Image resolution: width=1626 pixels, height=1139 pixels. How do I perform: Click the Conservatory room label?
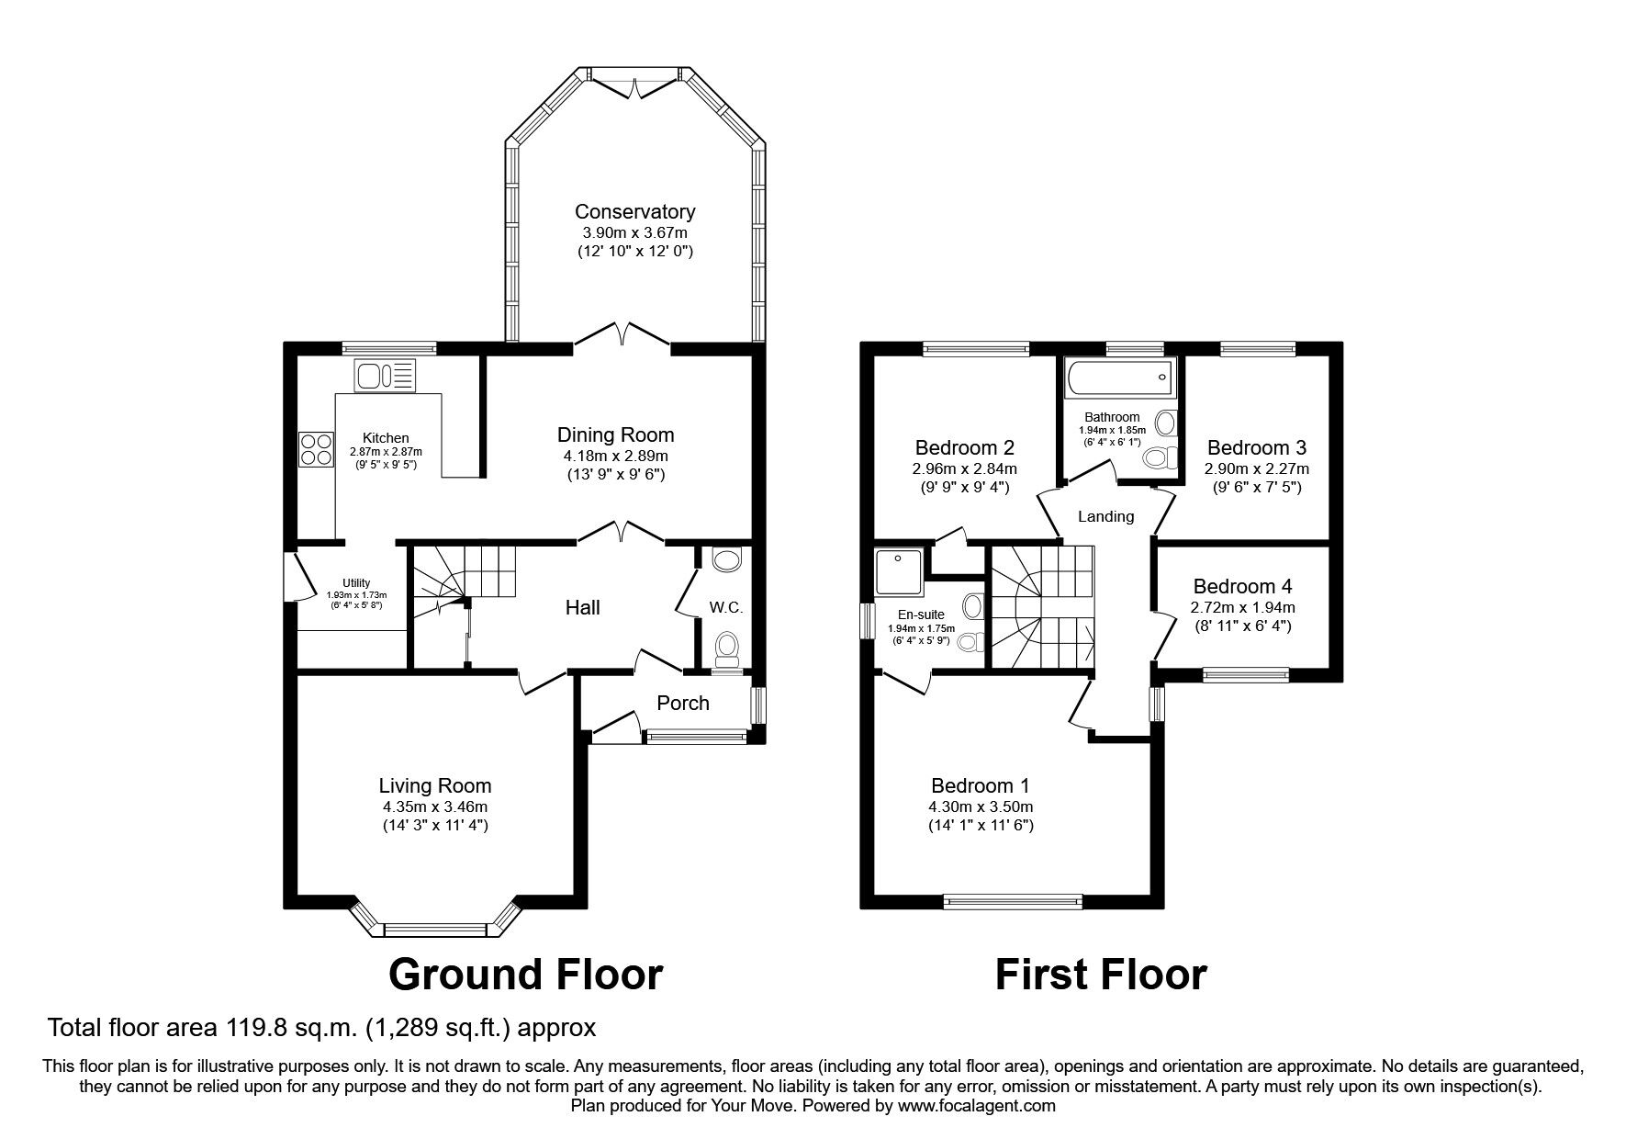pos(634,212)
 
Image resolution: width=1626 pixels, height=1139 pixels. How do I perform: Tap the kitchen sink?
pos(386,375)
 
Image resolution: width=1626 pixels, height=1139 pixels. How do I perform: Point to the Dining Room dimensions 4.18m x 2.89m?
pos(615,456)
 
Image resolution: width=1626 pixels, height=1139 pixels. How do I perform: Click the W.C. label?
pos(725,608)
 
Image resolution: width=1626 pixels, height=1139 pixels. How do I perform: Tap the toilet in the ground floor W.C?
pos(727,648)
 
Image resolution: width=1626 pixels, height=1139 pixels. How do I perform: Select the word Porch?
pos(683,703)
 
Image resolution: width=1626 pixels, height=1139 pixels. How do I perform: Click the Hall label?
pos(583,607)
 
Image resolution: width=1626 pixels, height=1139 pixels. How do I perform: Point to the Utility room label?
pos(356,582)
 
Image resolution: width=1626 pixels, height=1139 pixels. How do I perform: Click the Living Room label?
pos(435,785)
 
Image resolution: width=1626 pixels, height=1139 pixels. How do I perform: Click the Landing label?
pos(1105,516)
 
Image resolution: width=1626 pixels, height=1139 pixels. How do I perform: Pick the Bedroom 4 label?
pos(1242,586)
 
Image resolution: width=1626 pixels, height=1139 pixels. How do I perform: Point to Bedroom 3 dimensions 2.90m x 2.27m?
pos(1257,468)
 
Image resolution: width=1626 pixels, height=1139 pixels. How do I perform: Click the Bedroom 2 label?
pos(965,447)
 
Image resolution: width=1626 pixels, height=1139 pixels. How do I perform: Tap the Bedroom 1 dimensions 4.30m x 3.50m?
pos(981,806)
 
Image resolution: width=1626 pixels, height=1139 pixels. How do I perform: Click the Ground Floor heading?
pos(526,975)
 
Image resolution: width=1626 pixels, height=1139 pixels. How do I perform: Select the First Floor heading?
pos(1101,975)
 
